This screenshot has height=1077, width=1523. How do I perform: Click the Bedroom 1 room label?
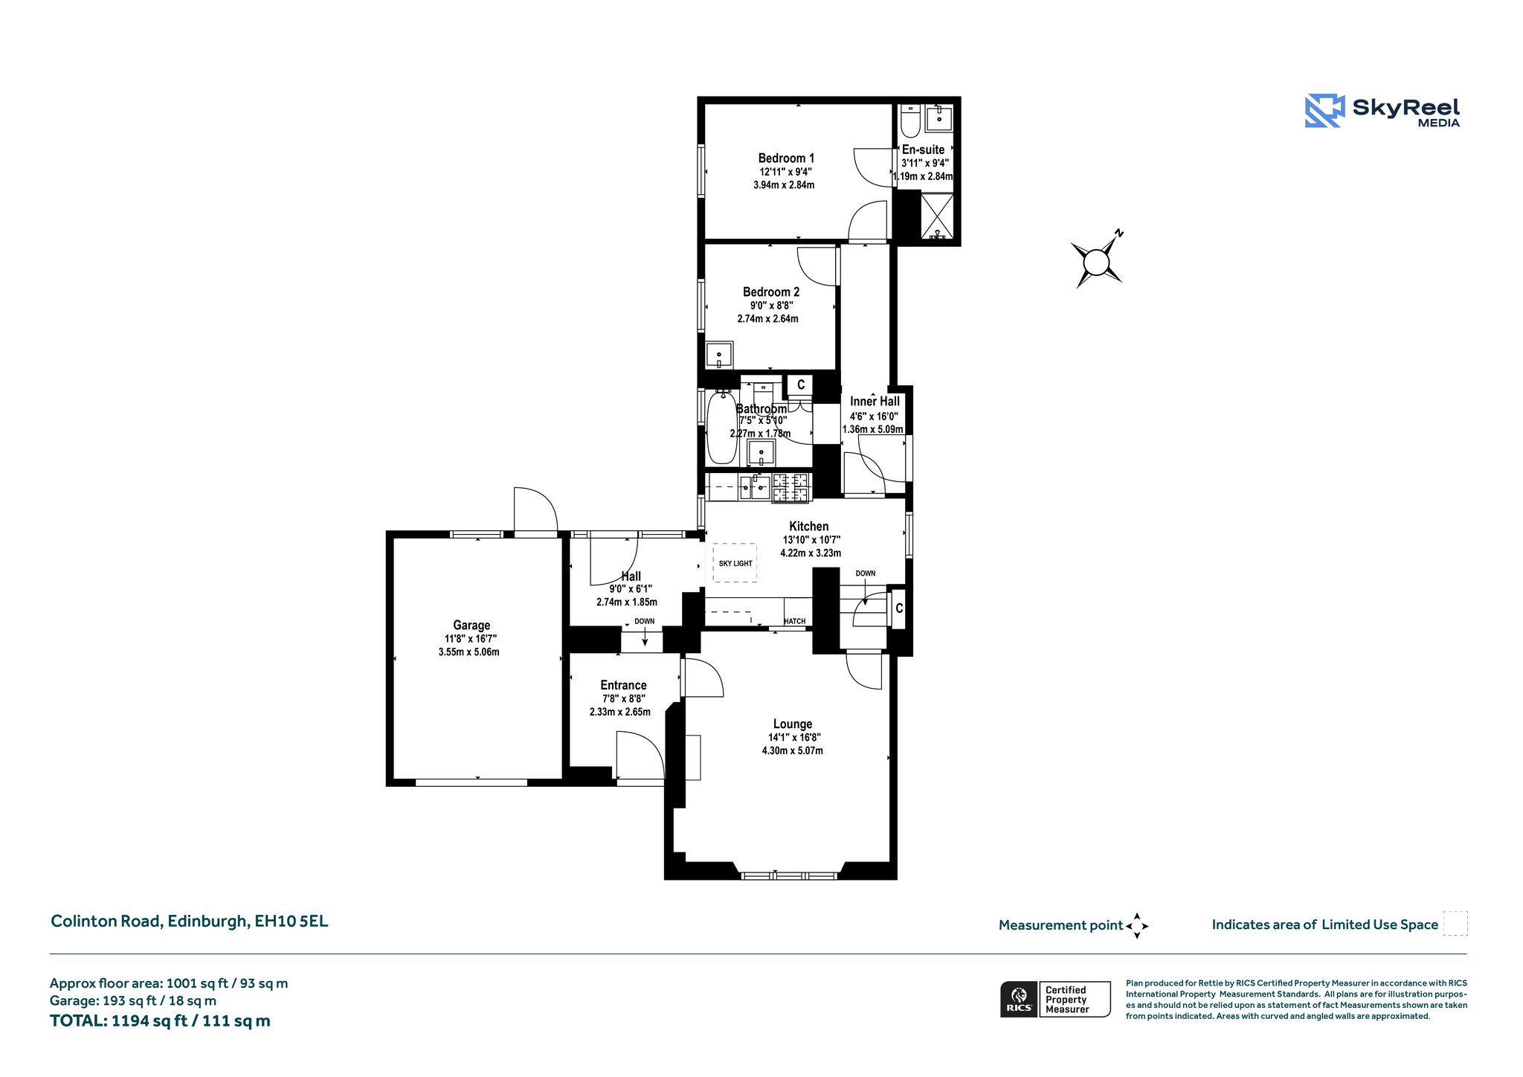point(786,158)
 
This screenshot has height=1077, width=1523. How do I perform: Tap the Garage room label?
point(471,626)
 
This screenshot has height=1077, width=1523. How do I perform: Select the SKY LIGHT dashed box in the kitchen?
point(735,563)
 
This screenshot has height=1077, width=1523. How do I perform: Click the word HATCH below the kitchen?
point(794,621)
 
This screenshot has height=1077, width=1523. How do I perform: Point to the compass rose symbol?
point(1097,261)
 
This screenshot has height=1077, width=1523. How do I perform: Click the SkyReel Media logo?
point(1382,111)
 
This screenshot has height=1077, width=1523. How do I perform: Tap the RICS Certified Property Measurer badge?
point(1055,999)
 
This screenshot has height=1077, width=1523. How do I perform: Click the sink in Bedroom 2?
point(719,355)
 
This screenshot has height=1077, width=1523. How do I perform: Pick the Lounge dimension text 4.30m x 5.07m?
point(792,750)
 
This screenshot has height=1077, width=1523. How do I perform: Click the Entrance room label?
point(623,686)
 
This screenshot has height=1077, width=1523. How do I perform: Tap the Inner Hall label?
point(875,402)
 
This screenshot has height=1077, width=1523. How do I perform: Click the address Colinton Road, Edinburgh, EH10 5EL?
point(189,922)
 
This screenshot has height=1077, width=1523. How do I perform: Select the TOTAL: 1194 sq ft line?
point(160,1021)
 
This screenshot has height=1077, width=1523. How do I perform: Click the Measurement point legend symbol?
point(1137,925)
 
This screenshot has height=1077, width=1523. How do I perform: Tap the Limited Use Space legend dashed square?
point(1455,924)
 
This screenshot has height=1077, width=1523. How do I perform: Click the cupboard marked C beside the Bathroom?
point(800,385)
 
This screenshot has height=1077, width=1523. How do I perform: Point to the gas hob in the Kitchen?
point(790,488)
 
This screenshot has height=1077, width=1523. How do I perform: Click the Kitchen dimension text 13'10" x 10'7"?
point(811,540)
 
